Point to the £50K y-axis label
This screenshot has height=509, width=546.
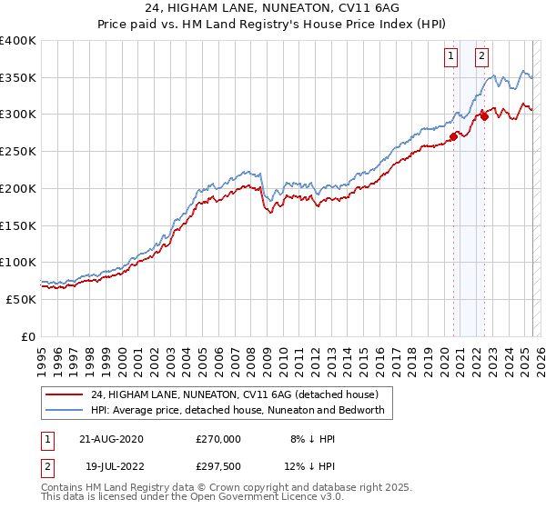click(20, 299)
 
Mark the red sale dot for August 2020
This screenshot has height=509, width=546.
click(453, 136)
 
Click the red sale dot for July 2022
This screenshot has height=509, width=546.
click(484, 116)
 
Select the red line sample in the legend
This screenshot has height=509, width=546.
click(64, 395)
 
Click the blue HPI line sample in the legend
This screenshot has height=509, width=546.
click(64, 410)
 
